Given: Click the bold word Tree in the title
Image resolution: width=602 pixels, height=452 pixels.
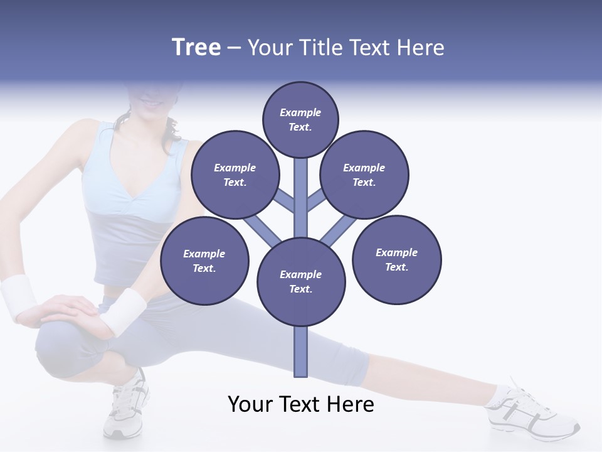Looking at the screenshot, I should pyautogui.click(x=196, y=48).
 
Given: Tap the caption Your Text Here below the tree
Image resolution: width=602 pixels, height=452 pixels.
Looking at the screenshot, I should pyautogui.click(x=301, y=404).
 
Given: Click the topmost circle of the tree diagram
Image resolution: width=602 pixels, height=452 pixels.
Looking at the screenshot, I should pyautogui.click(x=300, y=119).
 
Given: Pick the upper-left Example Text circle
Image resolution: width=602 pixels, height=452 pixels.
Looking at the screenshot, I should pyautogui.click(x=235, y=175).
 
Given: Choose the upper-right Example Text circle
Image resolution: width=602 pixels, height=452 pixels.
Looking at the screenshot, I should pyautogui.click(x=364, y=175).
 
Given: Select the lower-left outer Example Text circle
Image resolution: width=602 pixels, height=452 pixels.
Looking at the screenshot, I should pyautogui.click(x=204, y=261).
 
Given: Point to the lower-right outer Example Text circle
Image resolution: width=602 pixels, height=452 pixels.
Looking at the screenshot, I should pyautogui.click(x=397, y=259).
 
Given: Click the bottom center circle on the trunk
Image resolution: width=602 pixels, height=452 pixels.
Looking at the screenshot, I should pyautogui.click(x=301, y=281).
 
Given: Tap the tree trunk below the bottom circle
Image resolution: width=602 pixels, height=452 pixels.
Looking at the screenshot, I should pyautogui.click(x=301, y=352).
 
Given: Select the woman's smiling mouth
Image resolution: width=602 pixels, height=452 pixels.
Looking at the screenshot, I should pyautogui.click(x=150, y=100).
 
